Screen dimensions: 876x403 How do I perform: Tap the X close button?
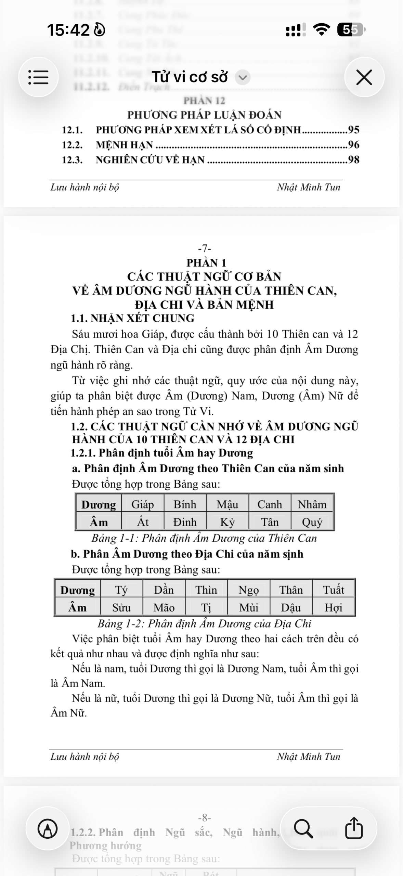364,77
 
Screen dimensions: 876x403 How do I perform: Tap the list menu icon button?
38,77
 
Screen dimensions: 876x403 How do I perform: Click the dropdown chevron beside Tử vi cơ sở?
243,77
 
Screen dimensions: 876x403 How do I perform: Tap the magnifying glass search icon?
303,828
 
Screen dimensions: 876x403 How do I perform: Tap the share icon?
353,828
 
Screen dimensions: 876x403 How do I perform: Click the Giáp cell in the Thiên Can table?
142,504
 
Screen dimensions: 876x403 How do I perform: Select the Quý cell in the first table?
312,522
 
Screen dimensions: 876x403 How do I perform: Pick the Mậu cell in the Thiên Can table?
227,504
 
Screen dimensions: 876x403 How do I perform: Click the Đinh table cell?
185,522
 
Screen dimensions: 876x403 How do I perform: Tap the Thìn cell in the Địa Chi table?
206,590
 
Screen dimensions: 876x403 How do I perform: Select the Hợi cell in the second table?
333,608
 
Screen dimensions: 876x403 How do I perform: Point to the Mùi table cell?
248,608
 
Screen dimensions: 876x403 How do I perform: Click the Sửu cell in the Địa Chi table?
121,608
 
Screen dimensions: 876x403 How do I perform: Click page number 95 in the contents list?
353,130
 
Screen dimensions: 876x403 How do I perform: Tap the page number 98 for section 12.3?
353,160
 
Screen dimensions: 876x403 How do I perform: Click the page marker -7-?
205,248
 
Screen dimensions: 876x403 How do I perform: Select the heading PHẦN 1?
206,263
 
